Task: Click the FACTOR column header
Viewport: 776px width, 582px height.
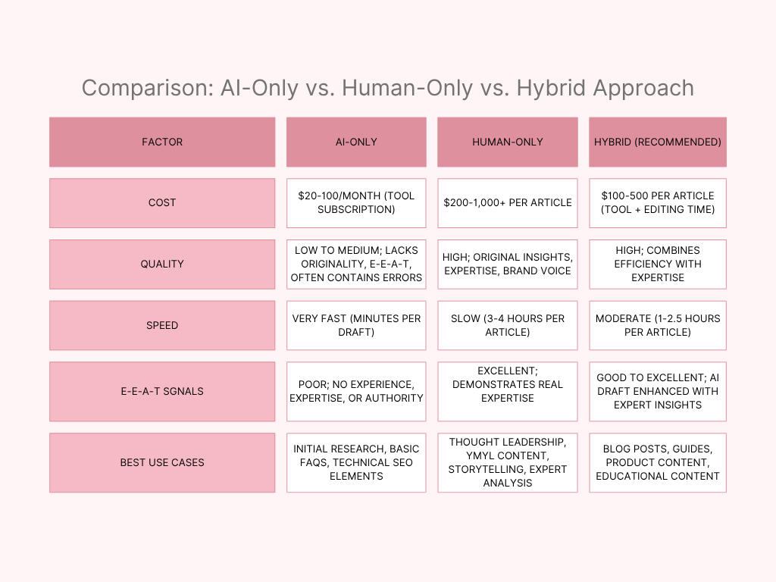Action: coord(162,142)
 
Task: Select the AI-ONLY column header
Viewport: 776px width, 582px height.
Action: coord(356,142)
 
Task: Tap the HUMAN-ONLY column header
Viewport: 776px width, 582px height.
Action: coord(508,142)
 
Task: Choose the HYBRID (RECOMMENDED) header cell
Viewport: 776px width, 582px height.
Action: coord(658,142)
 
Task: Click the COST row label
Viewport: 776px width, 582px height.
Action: coord(162,203)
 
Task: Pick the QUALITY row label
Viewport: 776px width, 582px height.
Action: coord(162,264)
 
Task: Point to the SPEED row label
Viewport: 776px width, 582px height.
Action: coord(162,325)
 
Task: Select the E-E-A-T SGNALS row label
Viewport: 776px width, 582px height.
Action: coord(162,392)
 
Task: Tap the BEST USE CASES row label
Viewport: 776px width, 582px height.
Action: coord(162,463)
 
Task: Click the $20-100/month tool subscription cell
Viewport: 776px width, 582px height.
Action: coord(356,203)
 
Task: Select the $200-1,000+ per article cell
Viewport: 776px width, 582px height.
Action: coord(508,203)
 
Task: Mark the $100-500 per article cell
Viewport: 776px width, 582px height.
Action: coord(658,203)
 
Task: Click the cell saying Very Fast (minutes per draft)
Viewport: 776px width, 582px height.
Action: coord(356,325)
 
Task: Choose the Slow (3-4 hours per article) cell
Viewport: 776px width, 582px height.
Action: coord(508,325)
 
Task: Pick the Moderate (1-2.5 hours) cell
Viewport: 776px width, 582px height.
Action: coord(658,325)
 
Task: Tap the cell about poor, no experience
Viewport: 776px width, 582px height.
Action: coord(356,392)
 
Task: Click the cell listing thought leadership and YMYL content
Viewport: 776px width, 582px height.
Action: coord(508,463)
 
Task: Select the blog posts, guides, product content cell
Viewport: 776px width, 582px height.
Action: coord(658,463)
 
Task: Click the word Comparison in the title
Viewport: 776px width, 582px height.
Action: coord(148,89)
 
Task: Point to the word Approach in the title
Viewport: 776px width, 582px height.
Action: coord(643,89)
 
